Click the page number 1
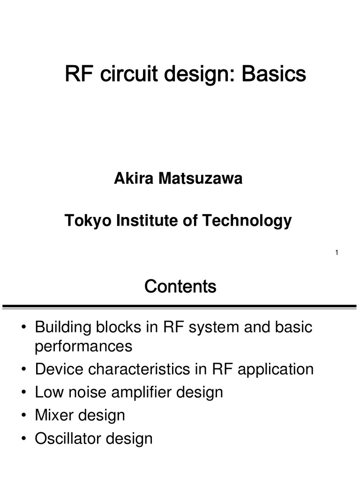(x=337, y=253)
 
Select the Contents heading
(x=180, y=286)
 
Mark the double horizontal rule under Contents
(x=180, y=307)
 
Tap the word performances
(x=84, y=346)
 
